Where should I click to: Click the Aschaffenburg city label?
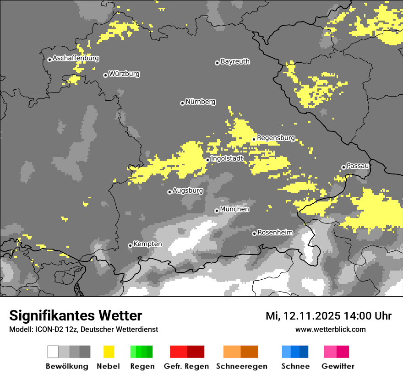76,59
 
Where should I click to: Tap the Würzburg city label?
124,74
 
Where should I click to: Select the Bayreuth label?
235,61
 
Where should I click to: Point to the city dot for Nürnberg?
182,103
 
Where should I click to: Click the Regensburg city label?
276,138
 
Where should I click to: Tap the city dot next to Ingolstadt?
207,160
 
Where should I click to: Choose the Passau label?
358,166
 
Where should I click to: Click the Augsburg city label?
187,190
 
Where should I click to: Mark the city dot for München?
217,211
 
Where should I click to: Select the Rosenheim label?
275,233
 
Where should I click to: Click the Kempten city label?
147,244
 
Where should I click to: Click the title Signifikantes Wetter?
76,316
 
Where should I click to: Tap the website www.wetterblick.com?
330,330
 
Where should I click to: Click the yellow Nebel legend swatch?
109,352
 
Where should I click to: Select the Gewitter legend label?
338,366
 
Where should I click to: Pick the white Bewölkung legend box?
53,352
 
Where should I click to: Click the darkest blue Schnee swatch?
304,352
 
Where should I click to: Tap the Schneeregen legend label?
241,366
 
